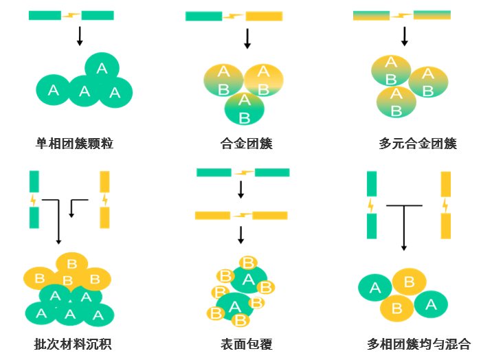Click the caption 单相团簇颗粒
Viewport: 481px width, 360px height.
coord(74,144)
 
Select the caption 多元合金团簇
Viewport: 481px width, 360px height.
coord(408,144)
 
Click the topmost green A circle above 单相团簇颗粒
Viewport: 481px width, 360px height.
coord(102,68)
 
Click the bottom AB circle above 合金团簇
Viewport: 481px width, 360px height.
coord(244,108)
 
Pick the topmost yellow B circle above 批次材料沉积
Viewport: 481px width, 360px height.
coord(72,262)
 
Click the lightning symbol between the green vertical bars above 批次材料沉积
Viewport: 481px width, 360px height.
coord(33,200)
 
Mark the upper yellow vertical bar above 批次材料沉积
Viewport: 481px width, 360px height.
coord(104,182)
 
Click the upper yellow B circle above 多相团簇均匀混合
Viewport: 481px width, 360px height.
coord(408,282)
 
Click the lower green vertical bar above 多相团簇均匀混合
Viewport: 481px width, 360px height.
coord(372,226)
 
